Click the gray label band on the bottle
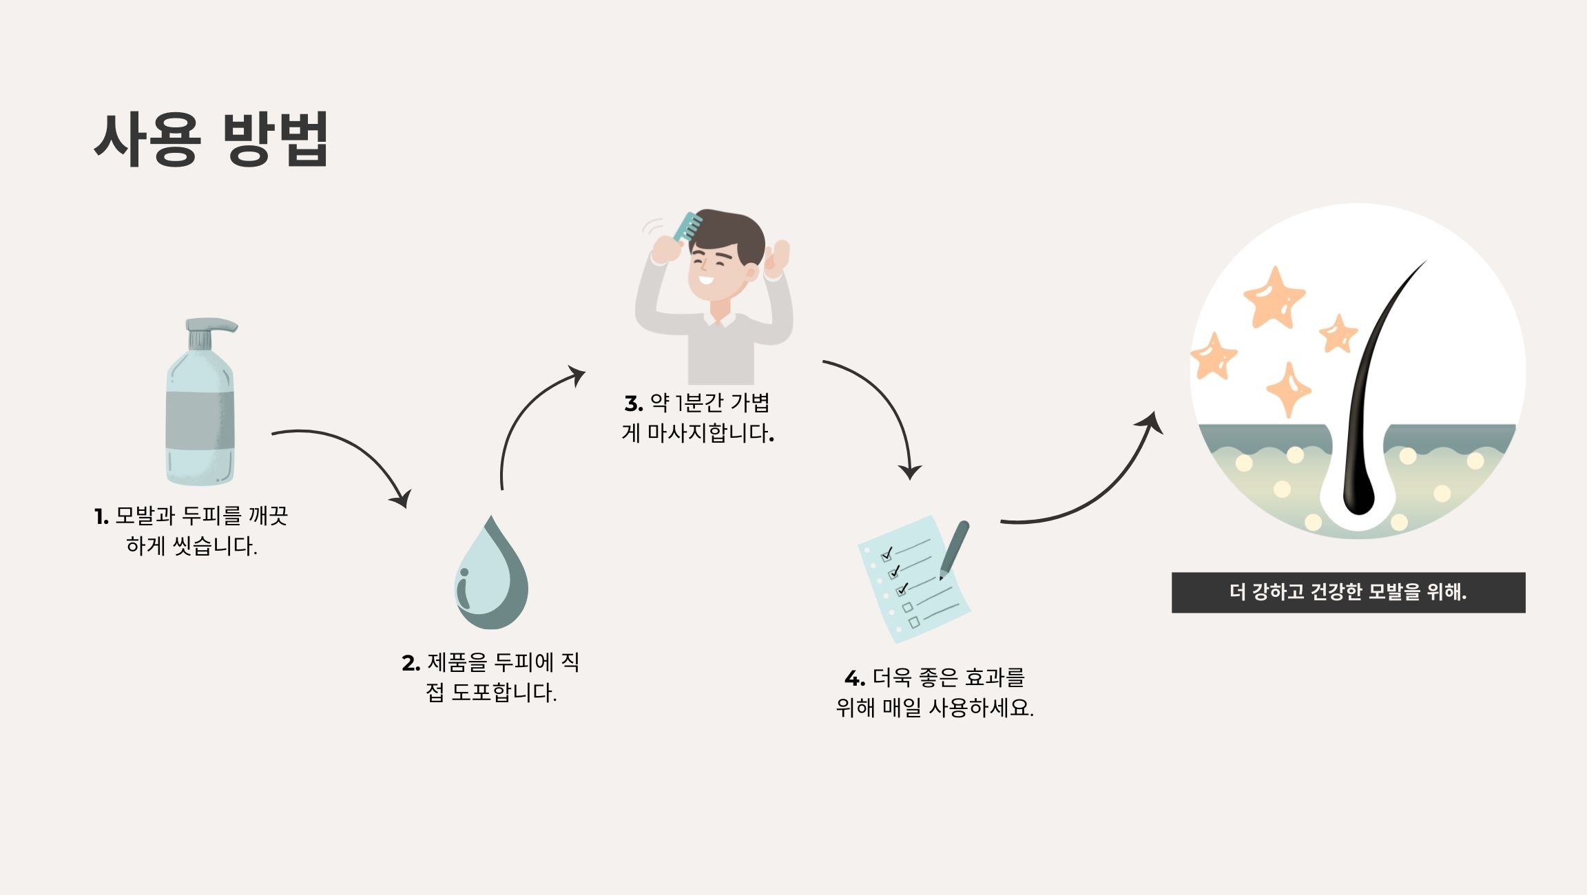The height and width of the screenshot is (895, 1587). [x=200, y=419]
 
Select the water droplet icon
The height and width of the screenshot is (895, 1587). [x=491, y=577]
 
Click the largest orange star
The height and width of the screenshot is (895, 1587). [x=1274, y=298]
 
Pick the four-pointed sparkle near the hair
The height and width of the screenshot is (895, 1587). [x=1288, y=390]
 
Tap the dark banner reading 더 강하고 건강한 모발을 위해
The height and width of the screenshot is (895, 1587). [x=1348, y=592]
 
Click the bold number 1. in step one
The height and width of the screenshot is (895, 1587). [x=101, y=516]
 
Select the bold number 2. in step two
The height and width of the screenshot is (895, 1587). [x=411, y=663]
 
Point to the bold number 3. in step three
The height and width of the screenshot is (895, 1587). [x=634, y=403]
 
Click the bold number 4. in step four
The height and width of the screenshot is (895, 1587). [x=854, y=679]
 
